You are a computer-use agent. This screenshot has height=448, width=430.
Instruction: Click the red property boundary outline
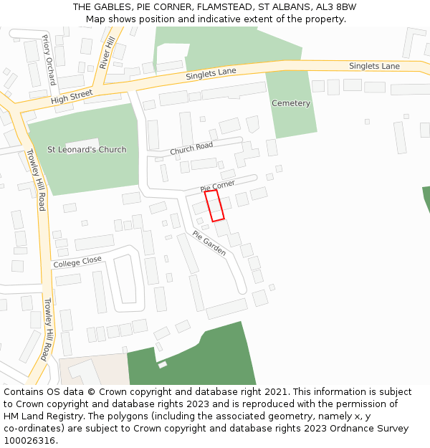pyautogui.click(x=214, y=205)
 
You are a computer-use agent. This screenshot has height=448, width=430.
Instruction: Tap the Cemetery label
pyautogui.click(x=291, y=103)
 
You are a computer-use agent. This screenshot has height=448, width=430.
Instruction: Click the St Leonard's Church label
pyautogui.click(x=87, y=150)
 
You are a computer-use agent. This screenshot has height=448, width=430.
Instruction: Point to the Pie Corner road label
pyautogui.click(x=217, y=186)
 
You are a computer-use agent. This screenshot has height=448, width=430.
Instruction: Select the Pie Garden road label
pyautogui.click(x=209, y=243)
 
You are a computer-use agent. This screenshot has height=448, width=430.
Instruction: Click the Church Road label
pyautogui.click(x=192, y=148)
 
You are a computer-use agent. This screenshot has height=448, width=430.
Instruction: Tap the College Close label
pyautogui.click(x=77, y=262)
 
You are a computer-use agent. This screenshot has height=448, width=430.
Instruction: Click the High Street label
pyautogui.click(x=72, y=97)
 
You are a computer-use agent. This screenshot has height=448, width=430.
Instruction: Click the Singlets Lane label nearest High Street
pyautogui.click(x=211, y=72)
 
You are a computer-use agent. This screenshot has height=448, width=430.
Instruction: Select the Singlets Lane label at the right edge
pyautogui.click(x=374, y=66)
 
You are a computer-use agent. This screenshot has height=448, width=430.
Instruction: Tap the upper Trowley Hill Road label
pyautogui.click(x=36, y=180)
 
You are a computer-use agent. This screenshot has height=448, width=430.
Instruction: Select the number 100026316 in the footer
pyautogui.click(x=29, y=441)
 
